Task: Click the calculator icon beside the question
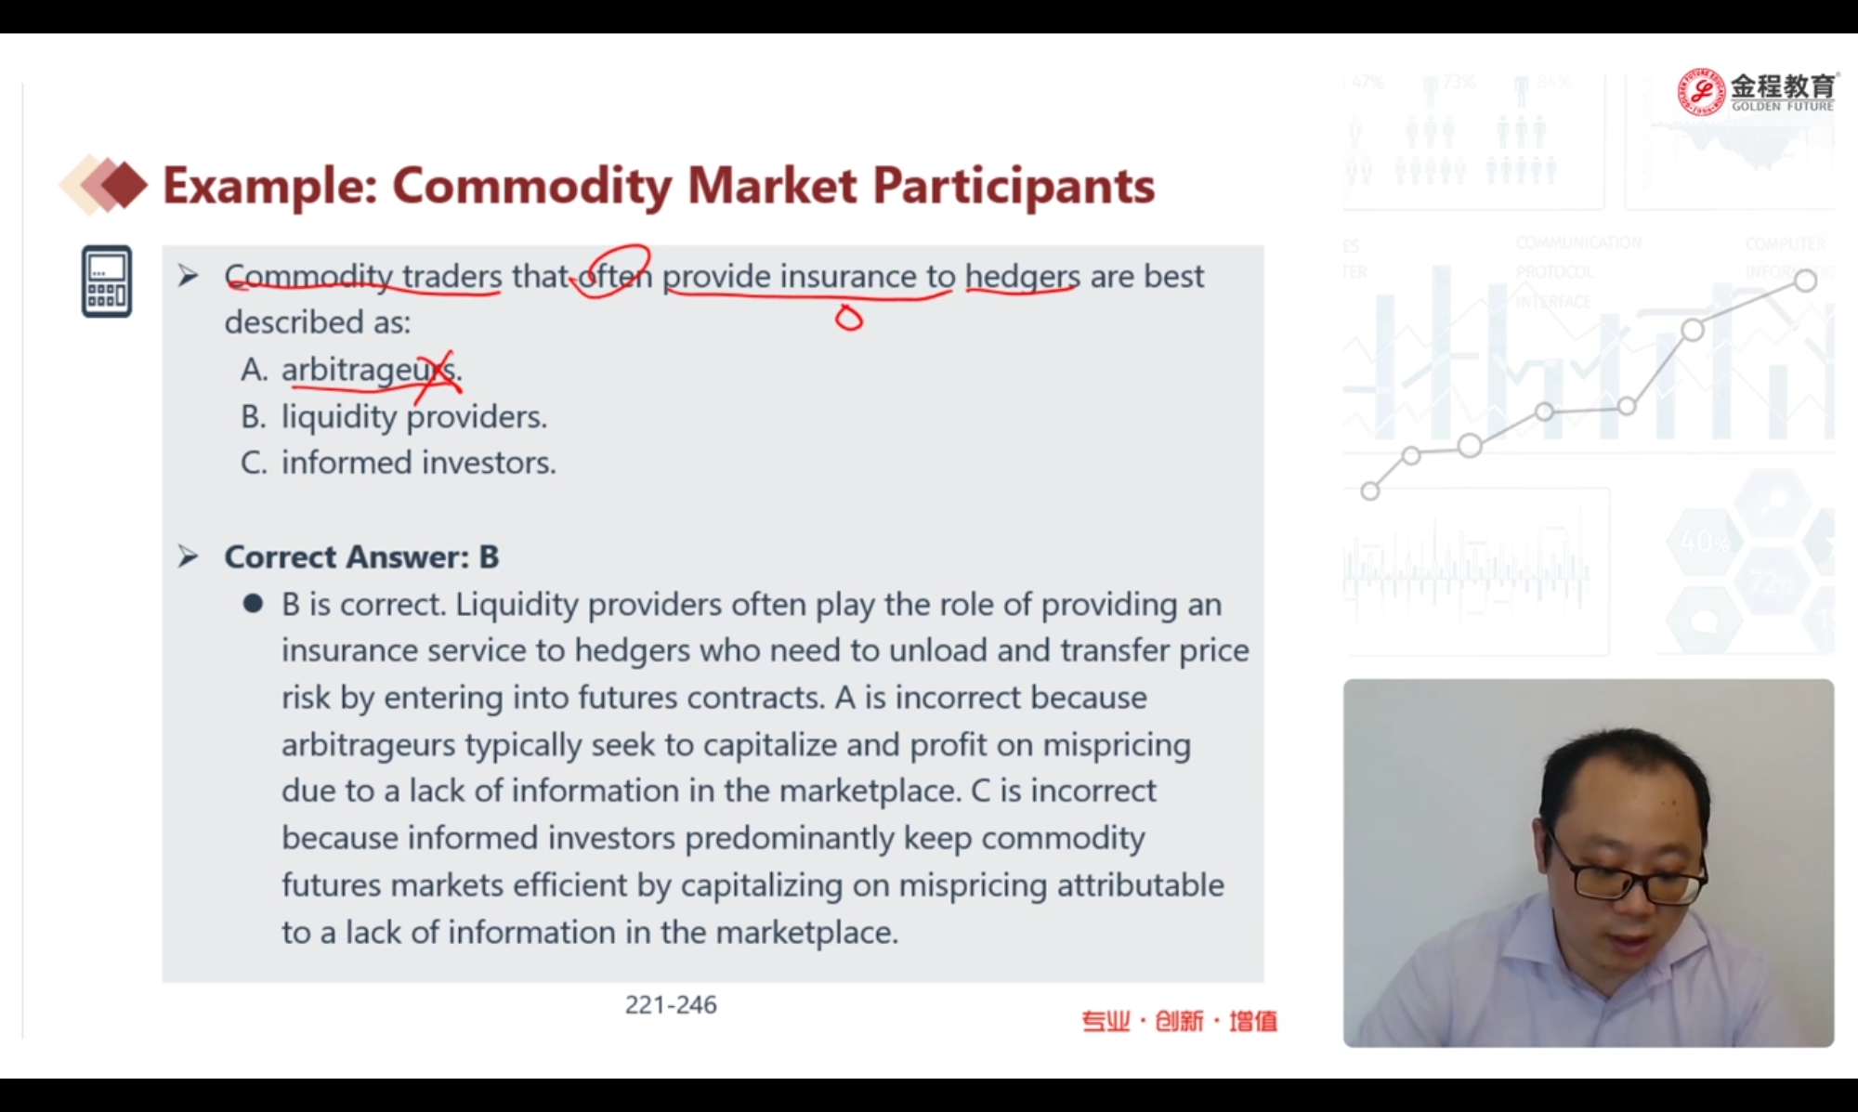pos(106,281)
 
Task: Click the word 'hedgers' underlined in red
pos(1022,277)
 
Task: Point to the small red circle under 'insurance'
pos(848,319)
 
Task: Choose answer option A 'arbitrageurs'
pos(351,370)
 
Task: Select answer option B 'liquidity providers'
pos(394,416)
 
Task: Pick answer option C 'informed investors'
pos(398,463)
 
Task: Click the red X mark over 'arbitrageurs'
pos(436,374)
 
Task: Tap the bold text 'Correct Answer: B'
pos(361,556)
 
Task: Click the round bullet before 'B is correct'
pos(253,604)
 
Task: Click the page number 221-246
pos(671,1004)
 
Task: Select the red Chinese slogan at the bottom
pos(1180,1021)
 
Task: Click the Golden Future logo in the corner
pos(1757,92)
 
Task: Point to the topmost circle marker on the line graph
pos(1805,281)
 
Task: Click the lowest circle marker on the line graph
pos(1370,491)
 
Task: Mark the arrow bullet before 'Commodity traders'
pos(188,276)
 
